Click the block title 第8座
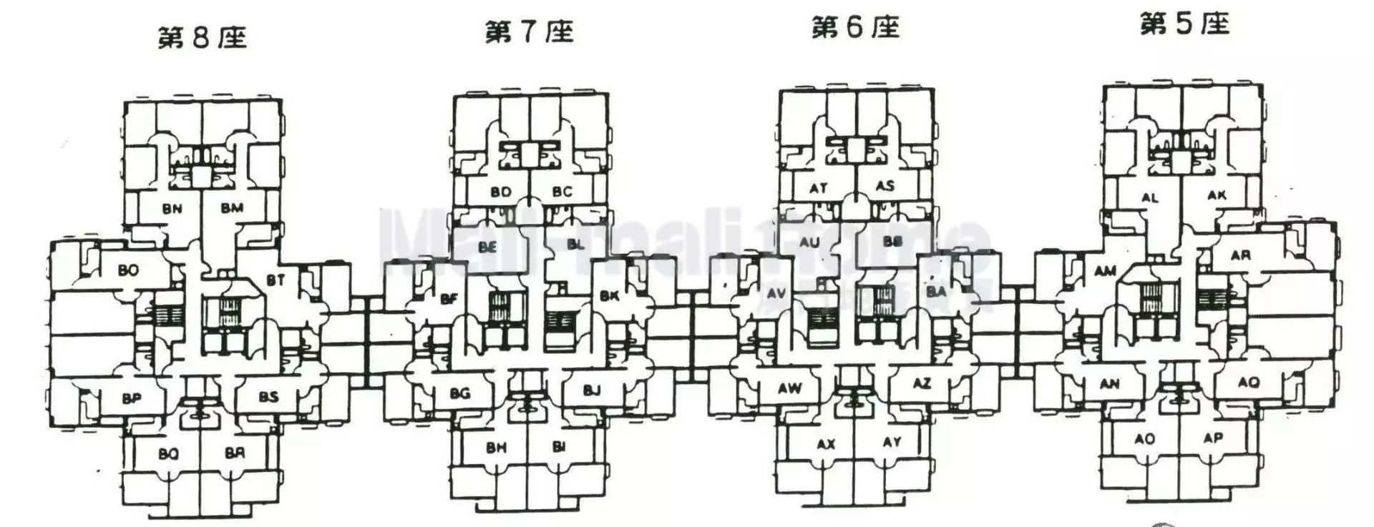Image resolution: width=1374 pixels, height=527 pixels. click(x=203, y=37)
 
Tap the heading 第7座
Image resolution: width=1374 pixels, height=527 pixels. click(x=530, y=32)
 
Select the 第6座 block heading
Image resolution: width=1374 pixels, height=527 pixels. click(x=855, y=28)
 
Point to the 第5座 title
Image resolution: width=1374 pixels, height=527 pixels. click(x=1184, y=24)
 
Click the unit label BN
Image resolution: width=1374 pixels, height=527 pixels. click(x=172, y=209)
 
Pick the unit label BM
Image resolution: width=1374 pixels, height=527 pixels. click(x=232, y=208)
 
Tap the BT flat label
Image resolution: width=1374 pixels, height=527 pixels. click(x=276, y=280)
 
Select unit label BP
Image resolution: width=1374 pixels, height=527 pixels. click(x=132, y=398)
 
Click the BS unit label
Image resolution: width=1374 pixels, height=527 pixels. click(x=268, y=397)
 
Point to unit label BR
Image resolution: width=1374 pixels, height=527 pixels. click(x=235, y=453)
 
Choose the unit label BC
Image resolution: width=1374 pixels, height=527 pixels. click(x=562, y=192)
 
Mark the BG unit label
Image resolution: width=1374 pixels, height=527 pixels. click(x=460, y=393)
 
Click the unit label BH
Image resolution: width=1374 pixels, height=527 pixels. click(x=496, y=448)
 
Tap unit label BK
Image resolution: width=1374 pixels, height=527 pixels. click(x=610, y=295)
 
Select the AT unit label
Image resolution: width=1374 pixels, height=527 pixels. click(x=819, y=188)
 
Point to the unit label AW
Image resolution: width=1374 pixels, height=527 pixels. click(x=790, y=388)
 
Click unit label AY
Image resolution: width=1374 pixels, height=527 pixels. click(x=892, y=442)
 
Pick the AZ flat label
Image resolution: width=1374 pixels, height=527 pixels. click(x=922, y=383)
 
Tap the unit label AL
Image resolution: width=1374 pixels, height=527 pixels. click(x=1150, y=197)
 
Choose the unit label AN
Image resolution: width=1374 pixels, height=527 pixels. click(x=1110, y=384)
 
